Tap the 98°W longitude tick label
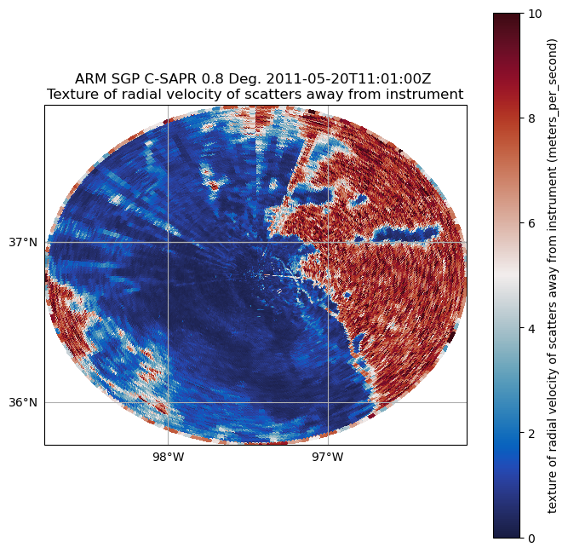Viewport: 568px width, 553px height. click(168, 458)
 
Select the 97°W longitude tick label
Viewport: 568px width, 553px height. click(328, 458)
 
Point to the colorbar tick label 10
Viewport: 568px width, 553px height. click(535, 14)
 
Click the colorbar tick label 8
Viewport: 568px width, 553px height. click(531, 118)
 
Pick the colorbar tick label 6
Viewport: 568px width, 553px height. click(531, 223)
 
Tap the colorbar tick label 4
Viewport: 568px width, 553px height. click(531, 328)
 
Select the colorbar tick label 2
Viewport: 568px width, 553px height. click(531, 433)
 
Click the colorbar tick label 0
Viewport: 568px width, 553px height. click(531, 538)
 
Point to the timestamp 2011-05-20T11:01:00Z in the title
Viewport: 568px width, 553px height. click(347, 78)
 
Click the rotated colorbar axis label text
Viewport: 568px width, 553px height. click(552, 275)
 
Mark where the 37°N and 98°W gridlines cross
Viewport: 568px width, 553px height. click(168, 243)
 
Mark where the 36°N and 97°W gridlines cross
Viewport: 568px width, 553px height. click(328, 402)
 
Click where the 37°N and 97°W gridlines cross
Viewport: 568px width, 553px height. click(328, 243)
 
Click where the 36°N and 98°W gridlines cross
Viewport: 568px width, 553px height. click(168, 402)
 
